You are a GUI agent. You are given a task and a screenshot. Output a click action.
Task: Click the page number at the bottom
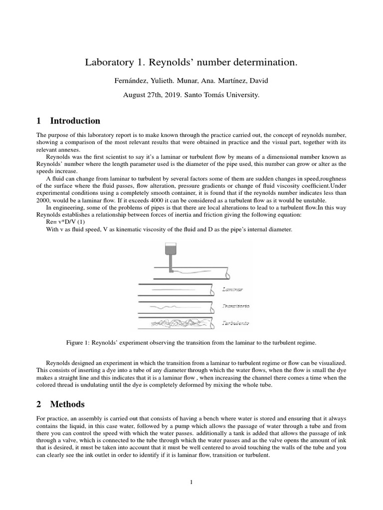point(191,482)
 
